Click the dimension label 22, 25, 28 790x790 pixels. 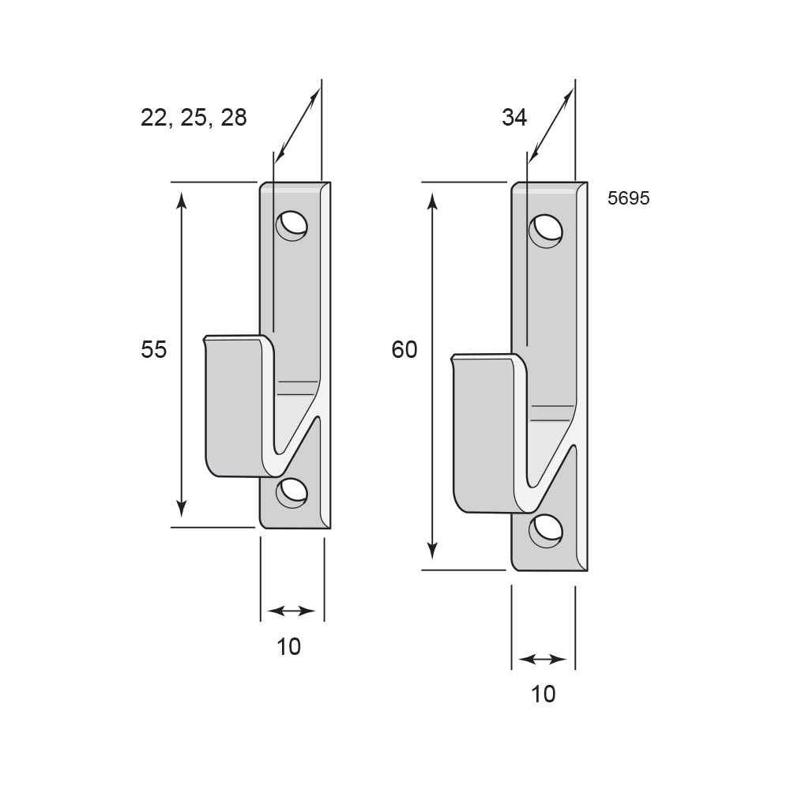point(194,118)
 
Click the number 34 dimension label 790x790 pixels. point(514,118)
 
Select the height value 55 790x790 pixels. point(154,349)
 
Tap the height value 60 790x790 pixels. point(404,349)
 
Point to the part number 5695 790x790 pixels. point(628,198)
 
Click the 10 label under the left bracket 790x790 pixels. point(288,647)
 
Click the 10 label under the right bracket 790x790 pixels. point(544,694)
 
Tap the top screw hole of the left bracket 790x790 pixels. point(292,224)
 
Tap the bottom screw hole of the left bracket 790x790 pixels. point(292,492)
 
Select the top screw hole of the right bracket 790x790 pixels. point(546,231)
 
